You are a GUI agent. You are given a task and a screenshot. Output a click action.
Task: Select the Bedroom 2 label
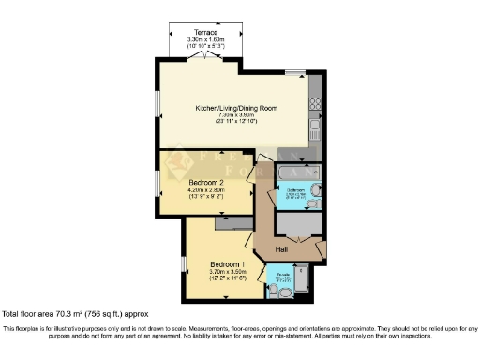point(204,182)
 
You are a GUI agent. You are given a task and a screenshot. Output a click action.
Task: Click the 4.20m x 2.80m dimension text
point(204,190)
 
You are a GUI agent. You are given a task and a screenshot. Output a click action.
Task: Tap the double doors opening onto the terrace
point(202,59)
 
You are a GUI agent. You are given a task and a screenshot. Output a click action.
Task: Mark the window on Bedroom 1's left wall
point(182,264)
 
